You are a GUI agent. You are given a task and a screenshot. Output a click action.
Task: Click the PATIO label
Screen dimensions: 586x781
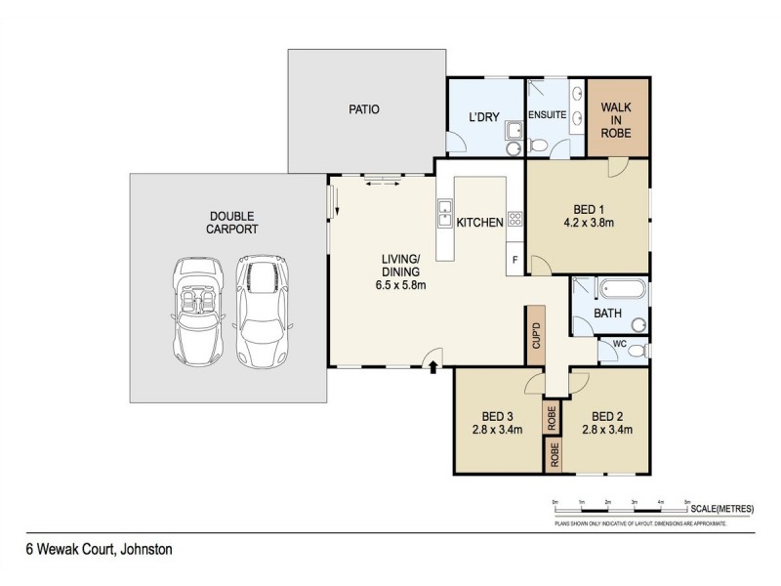(363, 109)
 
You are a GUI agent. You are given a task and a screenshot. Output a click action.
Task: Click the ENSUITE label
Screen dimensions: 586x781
(548, 114)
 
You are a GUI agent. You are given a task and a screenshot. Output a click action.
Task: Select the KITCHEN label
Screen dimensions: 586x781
(480, 223)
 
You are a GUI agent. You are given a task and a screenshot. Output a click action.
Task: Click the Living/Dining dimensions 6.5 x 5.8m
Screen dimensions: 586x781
(400, 285)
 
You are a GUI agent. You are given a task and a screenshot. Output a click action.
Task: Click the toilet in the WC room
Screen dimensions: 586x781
(637, 349)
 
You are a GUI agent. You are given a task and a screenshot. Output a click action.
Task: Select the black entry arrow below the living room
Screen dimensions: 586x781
(432, 366)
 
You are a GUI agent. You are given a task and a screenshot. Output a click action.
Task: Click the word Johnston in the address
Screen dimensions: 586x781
(146, 550)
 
